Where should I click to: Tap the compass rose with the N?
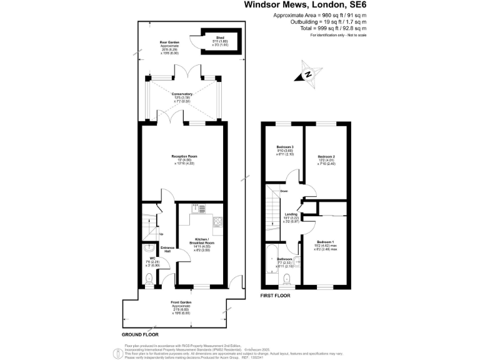(x=308, y=74)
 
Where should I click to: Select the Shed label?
(x=220, y=38)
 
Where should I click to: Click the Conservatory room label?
(x=182, y=94)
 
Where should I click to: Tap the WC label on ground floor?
(x=144, y=257)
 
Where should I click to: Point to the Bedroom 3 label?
(x=285, y=147)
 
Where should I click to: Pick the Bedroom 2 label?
(x=326, y=156)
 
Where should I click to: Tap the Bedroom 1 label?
(x=326, y=241)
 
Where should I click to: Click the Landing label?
(x=291, y=214)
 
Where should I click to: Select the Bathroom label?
(x=285, y=257)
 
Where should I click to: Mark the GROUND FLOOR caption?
(x=137, y=335)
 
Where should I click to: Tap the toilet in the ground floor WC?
(x=147, y=277)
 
